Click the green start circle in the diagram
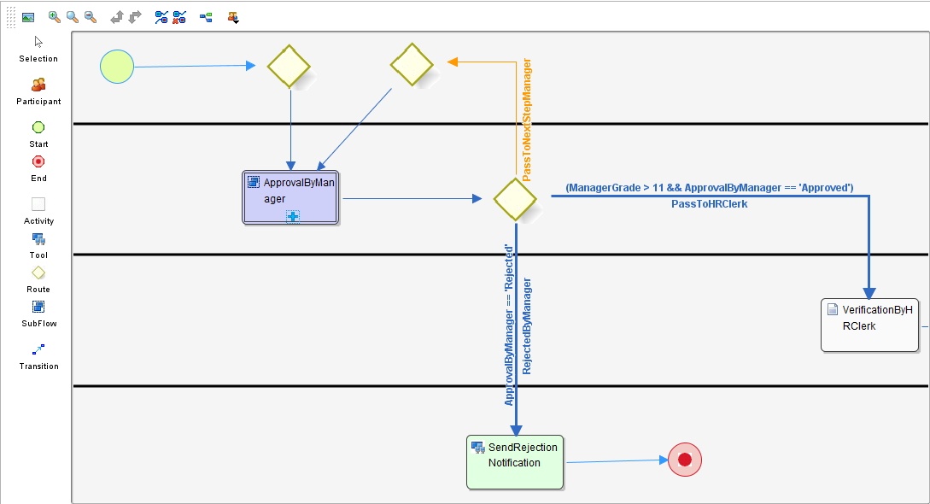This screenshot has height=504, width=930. [x=117, y=67]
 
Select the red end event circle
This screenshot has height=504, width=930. [x=684, y=460]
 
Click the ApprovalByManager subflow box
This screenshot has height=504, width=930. [x=290, y=197]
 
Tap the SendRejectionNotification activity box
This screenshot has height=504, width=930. [x=515, y=462]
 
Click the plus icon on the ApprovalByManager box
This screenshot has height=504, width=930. [x=292, y=217]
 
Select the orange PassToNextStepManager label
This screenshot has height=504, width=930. [x=527, y=120]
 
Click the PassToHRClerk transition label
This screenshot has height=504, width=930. [x=709, y=204]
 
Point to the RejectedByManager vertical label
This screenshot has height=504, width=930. [x=527, y=325]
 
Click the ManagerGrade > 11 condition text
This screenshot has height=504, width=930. [x=709, y=187]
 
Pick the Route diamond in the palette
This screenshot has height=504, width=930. [x=38, y=273]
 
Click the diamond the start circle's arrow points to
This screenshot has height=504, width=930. [x=289, y=66]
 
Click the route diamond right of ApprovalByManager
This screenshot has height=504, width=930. [x=515, y=199]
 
